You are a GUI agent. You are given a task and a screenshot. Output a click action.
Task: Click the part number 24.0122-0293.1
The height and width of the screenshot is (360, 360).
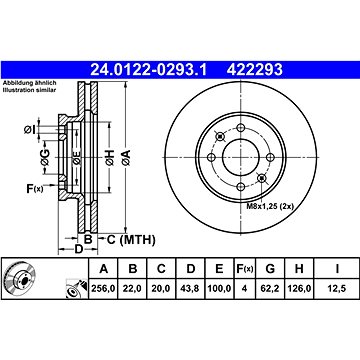point(149,70)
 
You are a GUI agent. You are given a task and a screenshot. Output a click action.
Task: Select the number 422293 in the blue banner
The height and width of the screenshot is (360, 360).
point(254,70)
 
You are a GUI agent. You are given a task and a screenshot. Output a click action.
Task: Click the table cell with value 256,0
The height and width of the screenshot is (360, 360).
point(103,288)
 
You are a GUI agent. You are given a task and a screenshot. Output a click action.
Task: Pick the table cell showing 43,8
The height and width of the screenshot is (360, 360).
point(190,288)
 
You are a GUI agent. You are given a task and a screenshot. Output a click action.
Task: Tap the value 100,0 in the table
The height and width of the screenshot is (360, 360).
point(219,288)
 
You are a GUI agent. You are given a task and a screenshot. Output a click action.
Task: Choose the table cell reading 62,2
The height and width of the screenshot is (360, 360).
point(270,288)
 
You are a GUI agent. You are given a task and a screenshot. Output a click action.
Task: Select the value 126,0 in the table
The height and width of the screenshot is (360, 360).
point(299,288)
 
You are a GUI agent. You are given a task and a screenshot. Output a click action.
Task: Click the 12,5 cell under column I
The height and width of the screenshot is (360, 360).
point(337,288)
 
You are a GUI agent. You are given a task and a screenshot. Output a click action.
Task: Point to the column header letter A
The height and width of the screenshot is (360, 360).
point(104,268)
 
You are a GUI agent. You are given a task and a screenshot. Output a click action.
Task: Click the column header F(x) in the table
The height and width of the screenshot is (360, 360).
point(244,268)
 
